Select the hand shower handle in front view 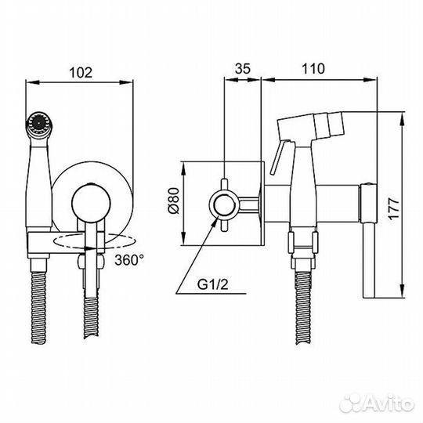(x=38, y=180)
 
